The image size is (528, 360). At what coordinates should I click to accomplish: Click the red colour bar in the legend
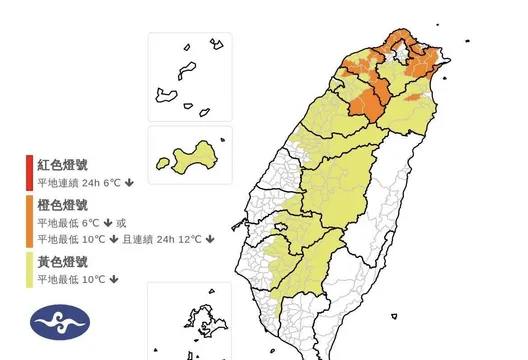(31, 172)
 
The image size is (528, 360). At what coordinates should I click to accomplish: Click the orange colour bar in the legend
(31, 221)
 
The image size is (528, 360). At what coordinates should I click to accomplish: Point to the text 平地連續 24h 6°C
(80, 182)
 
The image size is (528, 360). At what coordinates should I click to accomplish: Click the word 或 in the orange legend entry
(122, 222)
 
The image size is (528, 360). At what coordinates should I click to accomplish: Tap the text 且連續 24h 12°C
(163, 239)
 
